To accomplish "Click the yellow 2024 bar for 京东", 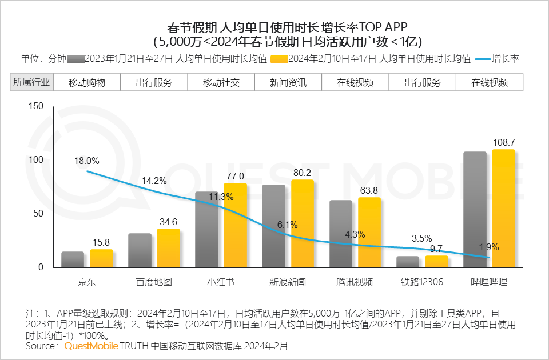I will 101,258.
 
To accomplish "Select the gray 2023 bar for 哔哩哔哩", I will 475,209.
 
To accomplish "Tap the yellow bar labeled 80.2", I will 303,223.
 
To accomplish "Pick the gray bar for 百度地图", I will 140,250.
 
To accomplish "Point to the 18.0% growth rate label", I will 86,161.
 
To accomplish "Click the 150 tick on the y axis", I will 36,106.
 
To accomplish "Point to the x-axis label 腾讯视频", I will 355,282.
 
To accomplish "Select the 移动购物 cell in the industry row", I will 87,82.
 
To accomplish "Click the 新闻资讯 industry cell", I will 288,82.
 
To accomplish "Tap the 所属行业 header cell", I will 31,82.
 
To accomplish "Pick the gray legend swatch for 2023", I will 75,59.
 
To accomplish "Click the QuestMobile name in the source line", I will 91,346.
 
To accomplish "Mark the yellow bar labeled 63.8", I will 369,232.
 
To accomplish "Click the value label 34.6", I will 168,221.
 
